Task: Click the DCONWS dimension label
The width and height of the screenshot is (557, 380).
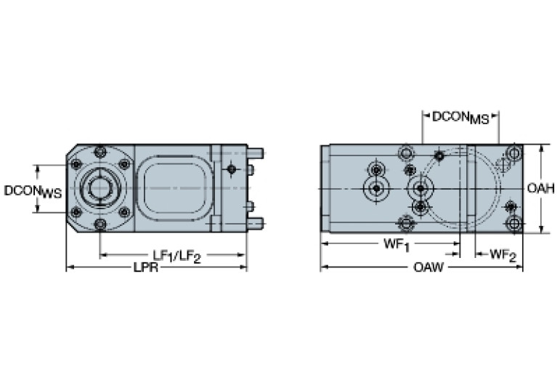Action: [33, 192]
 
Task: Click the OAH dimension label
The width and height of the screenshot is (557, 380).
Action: [541, 188]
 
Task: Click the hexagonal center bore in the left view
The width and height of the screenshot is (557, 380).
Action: [99, 188]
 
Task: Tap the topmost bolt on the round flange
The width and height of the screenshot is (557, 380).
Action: [100, 152]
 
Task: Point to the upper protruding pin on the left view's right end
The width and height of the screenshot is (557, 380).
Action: [255, 153]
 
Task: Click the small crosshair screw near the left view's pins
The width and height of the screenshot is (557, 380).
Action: [231, 169]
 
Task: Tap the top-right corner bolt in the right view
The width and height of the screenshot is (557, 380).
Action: [513, 153]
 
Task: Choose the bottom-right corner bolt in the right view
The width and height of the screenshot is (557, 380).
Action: [513, 223]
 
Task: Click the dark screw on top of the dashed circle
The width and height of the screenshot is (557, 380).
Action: [439, 156]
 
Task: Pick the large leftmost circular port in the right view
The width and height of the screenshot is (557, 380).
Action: [376, 188]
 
